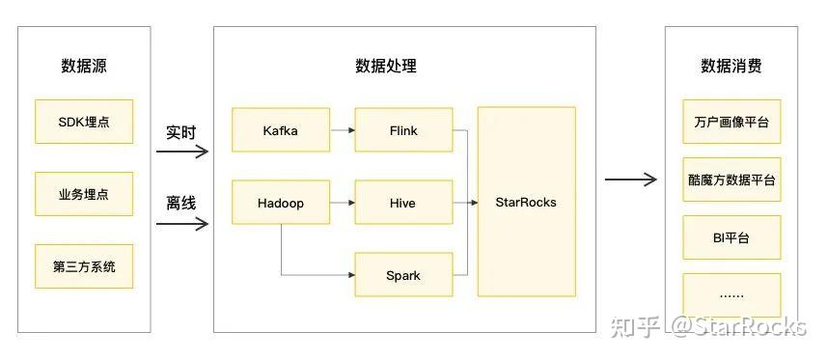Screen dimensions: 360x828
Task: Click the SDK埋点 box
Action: [83, 122]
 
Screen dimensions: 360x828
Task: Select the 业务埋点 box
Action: [83, 194]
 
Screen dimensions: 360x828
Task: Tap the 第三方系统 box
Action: [83, 266]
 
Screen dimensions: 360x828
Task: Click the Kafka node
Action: [280, 130]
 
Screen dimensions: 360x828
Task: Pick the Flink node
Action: [403, 130]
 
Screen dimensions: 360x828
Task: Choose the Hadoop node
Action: [280, 203]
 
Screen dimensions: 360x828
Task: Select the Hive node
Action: [403, 203]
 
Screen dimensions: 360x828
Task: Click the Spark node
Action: [403, 275]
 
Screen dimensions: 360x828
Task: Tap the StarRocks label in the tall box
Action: [526, 202]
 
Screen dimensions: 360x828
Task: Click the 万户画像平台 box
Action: [731, 123]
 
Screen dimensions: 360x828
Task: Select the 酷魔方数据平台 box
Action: [731, 180]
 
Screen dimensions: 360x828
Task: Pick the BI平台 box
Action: [731, 237]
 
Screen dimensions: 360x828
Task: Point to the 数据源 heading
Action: [83, 67]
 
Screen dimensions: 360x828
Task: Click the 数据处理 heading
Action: [386, 67]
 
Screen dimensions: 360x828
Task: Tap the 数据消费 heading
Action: [731, 67]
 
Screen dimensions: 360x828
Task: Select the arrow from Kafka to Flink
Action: [341, 130]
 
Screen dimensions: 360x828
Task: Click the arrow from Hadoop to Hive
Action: [341, 203]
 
